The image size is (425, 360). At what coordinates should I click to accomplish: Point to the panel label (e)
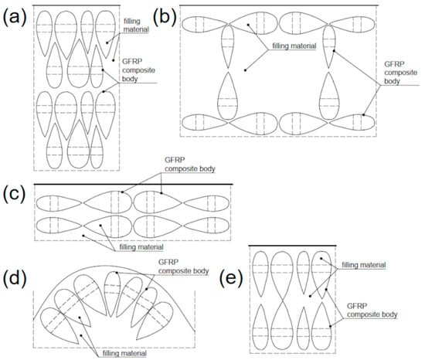[x=232, y=275]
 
